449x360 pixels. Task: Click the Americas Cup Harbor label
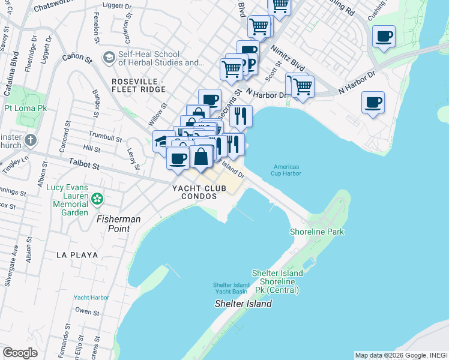pyautogui.click(x=286, y=170)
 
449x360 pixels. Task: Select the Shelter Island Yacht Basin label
pyautogui.click(x=232, y=288)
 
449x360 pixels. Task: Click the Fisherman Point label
pyautogui.click(x=119, y=220)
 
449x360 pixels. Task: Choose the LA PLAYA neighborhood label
pyautogui.click(x=77, y=254)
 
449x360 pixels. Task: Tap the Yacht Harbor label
pyautogui.click(x=91, y=297)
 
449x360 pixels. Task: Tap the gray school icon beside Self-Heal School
pyautogui.click(x=109, y=58)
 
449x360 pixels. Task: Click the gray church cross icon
pyautogui.click(x=31, y=140)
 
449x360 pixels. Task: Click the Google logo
pyautogui.click(x=20, y=353)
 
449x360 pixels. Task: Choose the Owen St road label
pyautogui.click(x=87, y=311)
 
